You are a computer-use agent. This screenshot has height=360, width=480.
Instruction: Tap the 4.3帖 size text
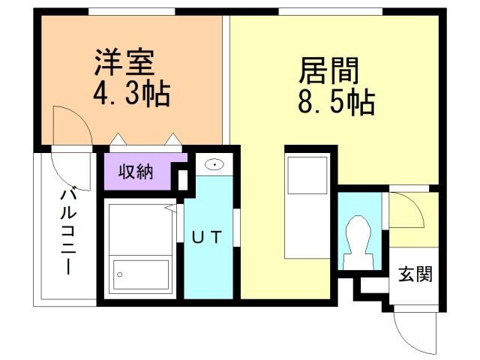click(x=131, y=94)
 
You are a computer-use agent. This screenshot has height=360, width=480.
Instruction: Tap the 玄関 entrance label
click(x=415, y=274)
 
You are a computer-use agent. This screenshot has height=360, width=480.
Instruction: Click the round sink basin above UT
click(x=214, y=164)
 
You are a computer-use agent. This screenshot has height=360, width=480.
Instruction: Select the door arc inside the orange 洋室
click(x=73, y=124)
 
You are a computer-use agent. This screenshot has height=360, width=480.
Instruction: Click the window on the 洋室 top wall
click(x=131, y=12)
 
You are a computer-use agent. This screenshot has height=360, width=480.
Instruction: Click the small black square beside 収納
click(x=182, y=180)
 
